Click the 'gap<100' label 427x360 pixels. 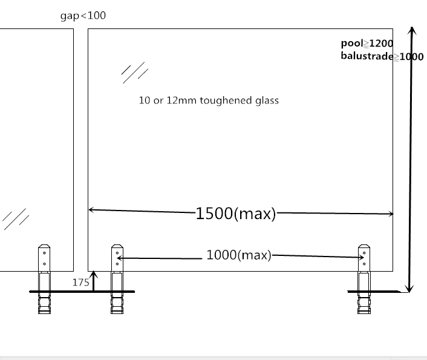click(x=83, y=16)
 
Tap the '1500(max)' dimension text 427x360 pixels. click(x=236, y=214)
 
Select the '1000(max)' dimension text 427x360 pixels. click(x=239, y=255)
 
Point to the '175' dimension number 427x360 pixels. click(x=81, y=283)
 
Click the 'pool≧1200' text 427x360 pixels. click(x=367, y=44)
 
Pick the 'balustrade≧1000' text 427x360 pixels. click(x=382, y=56)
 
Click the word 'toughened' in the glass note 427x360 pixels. click(x=226, y=100)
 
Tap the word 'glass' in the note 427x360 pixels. click(x=267, y=100)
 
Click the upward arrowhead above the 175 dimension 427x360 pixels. click(x=93, y=274)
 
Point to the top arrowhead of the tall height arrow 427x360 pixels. click(x=412, y=30)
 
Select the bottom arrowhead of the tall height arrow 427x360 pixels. click(x=409, y=289)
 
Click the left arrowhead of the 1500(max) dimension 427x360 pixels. click(x=91, y=210)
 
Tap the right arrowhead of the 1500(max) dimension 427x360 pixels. click(x=391, y=214)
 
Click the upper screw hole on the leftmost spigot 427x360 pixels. click(x=44, y=253)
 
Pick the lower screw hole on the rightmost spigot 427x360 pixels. click(x=364, y=264)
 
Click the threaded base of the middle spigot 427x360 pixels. click(x=117, y=303)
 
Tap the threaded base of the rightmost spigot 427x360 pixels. click(x=364, y=303)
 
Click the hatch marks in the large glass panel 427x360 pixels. click(x=135, y=73)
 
